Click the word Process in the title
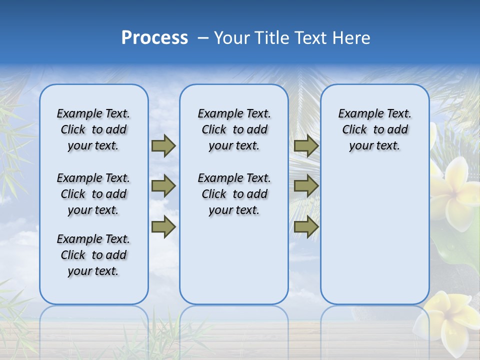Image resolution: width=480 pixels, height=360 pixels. [154, 38]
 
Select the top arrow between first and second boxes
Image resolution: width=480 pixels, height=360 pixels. [163, 145]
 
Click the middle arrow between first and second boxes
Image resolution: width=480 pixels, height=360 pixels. [163, 186]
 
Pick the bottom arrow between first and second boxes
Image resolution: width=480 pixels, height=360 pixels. [163, 227]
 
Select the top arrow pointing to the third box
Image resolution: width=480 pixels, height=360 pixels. [306, 145]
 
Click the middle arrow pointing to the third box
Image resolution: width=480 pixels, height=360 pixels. [306, 186]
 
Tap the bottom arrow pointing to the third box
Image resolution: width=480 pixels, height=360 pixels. [306, 227]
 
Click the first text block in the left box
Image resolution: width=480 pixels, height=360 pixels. [93, 129]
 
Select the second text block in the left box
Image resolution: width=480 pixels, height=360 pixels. [93, 194]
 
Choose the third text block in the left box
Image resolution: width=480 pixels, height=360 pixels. [93, 255]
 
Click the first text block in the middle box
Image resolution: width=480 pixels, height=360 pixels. [234, 129]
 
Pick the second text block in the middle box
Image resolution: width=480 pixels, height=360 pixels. [234, 194]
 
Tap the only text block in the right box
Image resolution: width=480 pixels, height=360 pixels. [374, 129]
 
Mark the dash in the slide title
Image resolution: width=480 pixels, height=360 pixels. [203, 38]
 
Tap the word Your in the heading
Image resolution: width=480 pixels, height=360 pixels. [231, 38]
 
